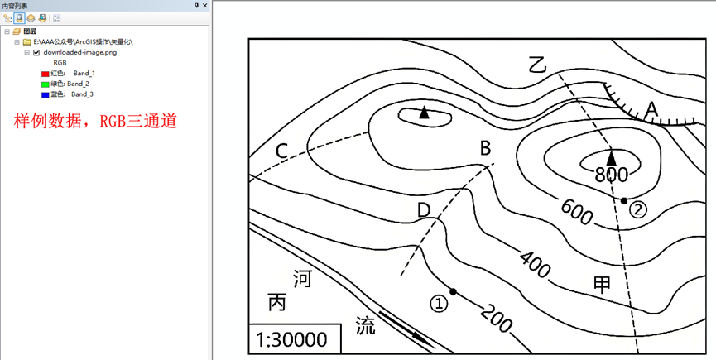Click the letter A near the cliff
pos(651,108)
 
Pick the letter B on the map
pos(486,148)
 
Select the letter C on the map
pos(282,151)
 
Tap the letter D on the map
pos(424,210)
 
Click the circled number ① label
pos(440,304)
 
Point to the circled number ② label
pos(637,209)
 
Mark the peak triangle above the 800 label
pos(612,156)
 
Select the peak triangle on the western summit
pos(424,112)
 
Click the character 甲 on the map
pos(602,285)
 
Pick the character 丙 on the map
pos(277,302)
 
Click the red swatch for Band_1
pos(46,74)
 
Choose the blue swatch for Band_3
pos(46,95)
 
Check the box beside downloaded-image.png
pos(36,51)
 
